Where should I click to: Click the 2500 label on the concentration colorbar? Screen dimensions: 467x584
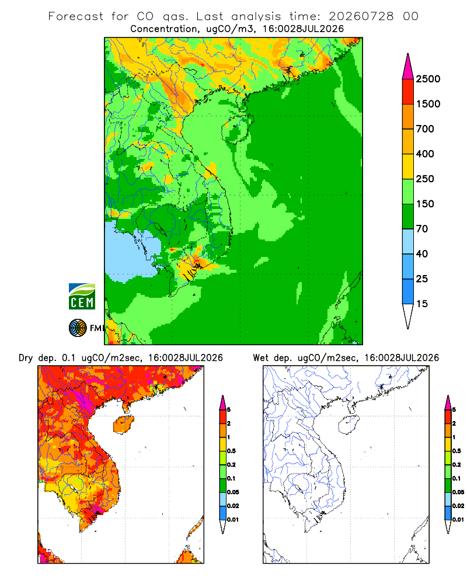[428, 79]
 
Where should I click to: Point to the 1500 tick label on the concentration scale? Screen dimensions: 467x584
[428, 104]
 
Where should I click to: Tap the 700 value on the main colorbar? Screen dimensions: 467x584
[425, 129]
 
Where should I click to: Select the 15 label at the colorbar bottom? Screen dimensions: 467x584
[422, 304]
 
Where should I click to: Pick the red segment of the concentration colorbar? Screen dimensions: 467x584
[408, 92]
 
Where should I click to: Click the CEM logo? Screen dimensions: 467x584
[82, 297]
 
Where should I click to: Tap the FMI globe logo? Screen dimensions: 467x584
[78, 328]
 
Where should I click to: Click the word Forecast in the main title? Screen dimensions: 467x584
[76, 16]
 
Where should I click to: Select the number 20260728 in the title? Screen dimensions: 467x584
[361, 16]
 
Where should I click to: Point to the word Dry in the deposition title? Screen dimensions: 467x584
[26, 359]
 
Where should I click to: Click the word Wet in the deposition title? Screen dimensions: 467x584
[260, 358]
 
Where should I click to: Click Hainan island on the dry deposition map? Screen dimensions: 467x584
[124, 425]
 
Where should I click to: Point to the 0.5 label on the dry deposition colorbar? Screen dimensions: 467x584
[231, 451]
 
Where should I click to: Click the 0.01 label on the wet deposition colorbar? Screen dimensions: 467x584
[458, 520]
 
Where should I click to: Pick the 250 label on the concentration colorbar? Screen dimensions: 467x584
[425, 179]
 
